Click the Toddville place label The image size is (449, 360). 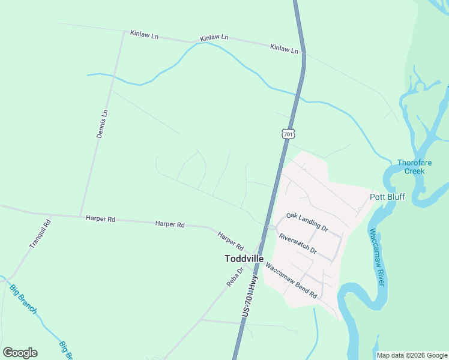[244, 259]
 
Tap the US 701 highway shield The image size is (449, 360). [288, 134]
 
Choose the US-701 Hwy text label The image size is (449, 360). [251, 297]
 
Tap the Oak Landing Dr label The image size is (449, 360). [307, 222]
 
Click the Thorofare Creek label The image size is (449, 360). [411, 167]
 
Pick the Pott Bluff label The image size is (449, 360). [387, 197]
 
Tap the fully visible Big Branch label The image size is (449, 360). [23, 299]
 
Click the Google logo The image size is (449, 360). [20, 353]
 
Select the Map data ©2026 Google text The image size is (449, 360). [412, 355]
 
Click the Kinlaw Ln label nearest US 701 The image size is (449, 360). [284, 49]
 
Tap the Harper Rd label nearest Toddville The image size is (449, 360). [231, 241]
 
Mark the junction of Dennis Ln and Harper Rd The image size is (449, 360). [80, 216]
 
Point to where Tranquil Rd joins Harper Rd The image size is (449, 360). [52, 215]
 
